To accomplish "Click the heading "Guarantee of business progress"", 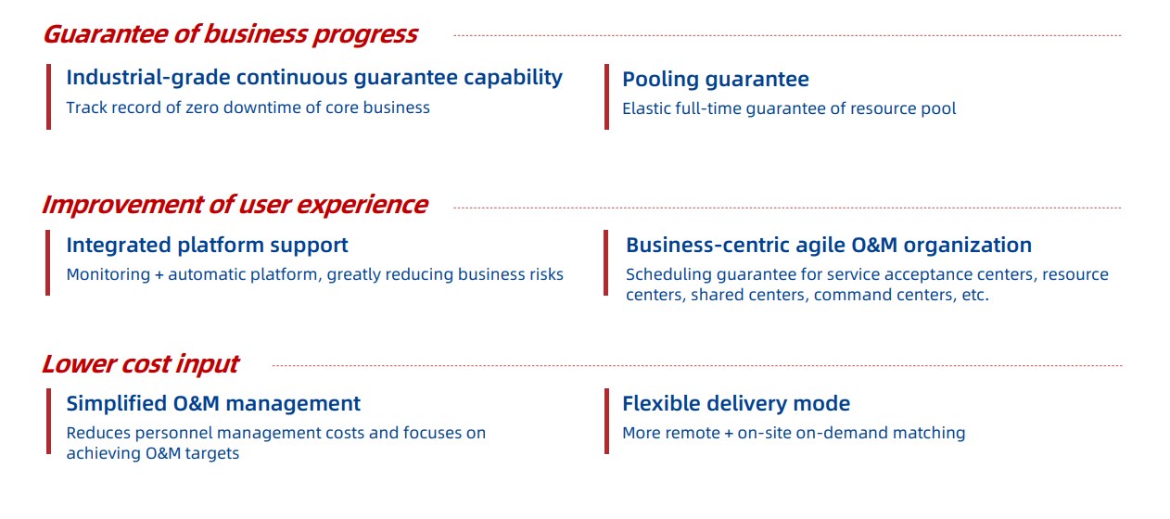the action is click(x=230, y=35).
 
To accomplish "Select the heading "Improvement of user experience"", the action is click(x=235, y=205).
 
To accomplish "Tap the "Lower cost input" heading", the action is click(x=141, y=364).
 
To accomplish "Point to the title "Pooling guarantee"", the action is click(x=716, y=80).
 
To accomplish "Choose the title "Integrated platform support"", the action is click(x=207, y=246).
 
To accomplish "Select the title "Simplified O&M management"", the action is click(x=213, y=403).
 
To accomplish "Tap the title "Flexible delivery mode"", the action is click(x=736, y=403).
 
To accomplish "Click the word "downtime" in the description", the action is click(x=250, y=108).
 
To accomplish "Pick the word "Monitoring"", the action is click(x=108, y=274).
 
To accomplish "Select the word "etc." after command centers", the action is click(x=975, y=296).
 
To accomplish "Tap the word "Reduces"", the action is click(x=99, y=433).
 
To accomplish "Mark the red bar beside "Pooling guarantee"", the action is click(x=606, y=96).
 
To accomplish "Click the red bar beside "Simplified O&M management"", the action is click(x=48, y=422).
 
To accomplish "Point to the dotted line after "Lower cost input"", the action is click(x=697, y=365).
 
